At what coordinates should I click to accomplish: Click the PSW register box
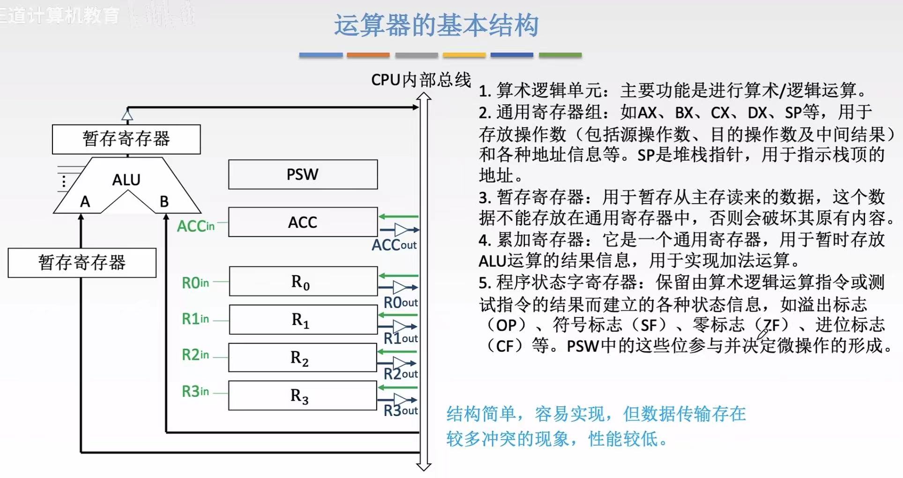click(303, 175)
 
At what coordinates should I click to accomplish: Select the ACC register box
click(303, 222)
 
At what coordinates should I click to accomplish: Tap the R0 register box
click(303, 281)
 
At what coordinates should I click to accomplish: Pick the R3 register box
click(302, 396)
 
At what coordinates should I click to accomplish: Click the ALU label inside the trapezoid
click(126, 180)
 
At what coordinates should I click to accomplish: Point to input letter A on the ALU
click(85, 202)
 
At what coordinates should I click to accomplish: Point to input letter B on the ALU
click(164, 202)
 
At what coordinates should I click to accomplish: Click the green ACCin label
click(195, 227)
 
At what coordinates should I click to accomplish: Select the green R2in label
click(195, 355)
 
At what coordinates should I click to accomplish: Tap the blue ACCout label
click(394, 245)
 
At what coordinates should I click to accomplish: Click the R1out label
click(401, 338)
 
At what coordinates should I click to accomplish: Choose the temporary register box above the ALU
click(126, 139)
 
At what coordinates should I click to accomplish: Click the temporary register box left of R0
click(82, 263)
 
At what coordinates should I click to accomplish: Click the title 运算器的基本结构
click(436, 25)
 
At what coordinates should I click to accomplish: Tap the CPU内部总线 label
click(421, 80)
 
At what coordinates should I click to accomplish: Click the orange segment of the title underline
click(368, 55)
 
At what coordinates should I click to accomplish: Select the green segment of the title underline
click(560, 55)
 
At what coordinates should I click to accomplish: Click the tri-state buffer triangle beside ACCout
click(401, 230)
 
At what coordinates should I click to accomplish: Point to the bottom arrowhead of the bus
click(424, 466)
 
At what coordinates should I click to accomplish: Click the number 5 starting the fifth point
click(484, 283)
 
